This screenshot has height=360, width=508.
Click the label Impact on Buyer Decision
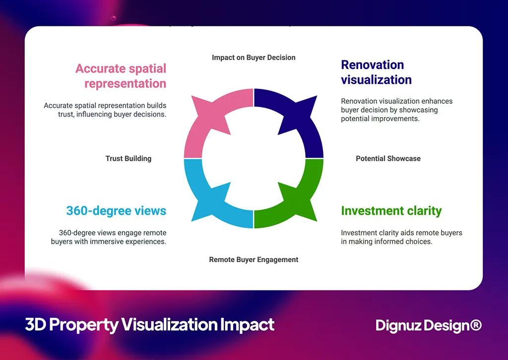tap(254, 58)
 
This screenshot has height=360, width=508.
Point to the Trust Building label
tap(128, 159)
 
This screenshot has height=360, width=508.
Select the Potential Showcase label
tap(388, 159)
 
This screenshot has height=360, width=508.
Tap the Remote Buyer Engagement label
tap(254, 260)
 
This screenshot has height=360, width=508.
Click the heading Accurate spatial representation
tap(121, 76)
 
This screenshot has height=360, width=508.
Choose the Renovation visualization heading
tap(376, 72)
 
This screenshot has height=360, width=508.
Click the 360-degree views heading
tap(116, 211)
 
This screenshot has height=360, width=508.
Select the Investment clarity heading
tap(391, 211)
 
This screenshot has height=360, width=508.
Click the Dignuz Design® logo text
tap(428, 326)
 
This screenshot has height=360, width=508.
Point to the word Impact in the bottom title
tap(247, 325)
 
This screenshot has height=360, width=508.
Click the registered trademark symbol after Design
tap(476, 325)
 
